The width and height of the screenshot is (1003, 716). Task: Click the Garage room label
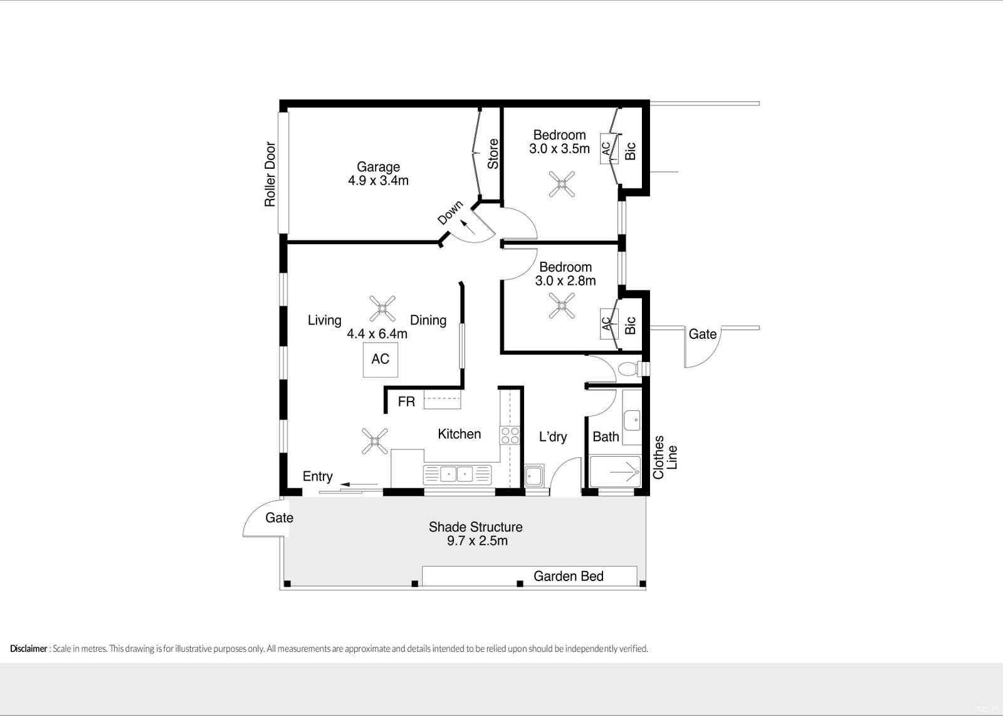pos(378,167)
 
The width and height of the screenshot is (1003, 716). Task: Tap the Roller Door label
pos(270,175)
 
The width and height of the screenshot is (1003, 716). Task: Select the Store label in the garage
pos(493,154)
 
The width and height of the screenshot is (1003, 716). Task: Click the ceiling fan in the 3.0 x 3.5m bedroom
pos(562,185)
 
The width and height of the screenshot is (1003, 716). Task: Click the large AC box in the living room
pos(380,359)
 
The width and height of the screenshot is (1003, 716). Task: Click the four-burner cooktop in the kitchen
pos(510,435)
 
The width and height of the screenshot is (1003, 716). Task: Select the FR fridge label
pos(406,402)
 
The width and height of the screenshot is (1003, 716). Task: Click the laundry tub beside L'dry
pos(535,477)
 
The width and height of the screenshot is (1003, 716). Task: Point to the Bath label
pos(606,437)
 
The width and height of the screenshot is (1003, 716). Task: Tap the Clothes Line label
pos(665,457)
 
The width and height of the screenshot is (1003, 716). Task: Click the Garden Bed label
pos(568,576)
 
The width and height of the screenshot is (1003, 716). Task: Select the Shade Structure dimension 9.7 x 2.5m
pos(476,541)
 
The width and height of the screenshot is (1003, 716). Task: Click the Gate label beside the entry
pos(279,518)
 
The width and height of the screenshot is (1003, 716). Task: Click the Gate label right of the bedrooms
pos(702,334)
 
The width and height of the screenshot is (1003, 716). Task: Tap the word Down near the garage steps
pos(450,213)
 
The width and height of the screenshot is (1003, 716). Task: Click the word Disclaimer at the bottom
pos(28,649)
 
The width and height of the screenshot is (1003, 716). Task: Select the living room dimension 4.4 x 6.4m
pos(377,334)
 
